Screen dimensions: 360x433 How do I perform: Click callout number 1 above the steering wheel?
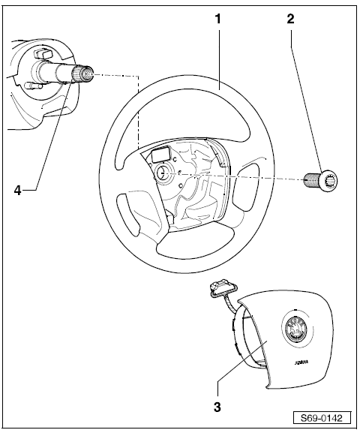click(x=218, y=19)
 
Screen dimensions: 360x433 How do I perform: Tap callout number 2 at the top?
click(x=290, y=19)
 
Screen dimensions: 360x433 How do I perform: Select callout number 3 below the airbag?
click(x=217, y=407)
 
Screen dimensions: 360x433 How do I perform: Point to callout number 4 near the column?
click(x=18, y=191)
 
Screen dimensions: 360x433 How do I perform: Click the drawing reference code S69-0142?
click(x=322, y=418)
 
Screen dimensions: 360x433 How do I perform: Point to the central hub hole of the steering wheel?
click(x=163, y=173)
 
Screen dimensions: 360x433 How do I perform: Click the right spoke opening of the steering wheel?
click(x=245, y=188)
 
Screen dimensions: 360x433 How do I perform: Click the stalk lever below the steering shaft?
click(x=33, y=86)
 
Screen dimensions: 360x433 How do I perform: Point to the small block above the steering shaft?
click(x=42, y=53)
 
